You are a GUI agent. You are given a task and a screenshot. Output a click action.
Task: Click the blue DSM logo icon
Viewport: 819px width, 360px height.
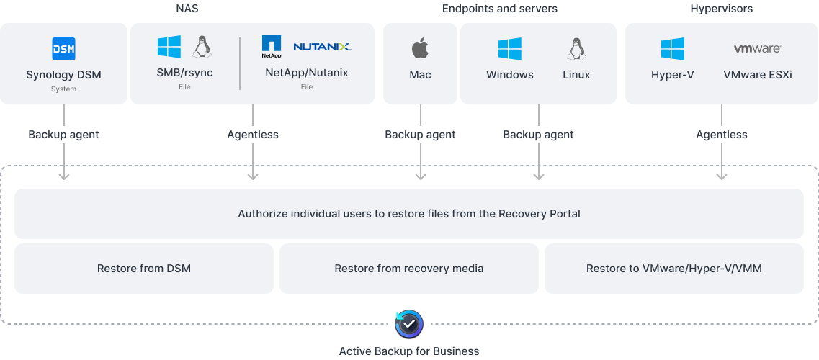(x=63, y=49)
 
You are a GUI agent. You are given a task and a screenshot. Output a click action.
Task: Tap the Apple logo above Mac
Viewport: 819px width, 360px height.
(x=420, y=49)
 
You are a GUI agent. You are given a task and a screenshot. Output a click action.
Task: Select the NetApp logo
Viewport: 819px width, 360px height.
(x=272, y=47)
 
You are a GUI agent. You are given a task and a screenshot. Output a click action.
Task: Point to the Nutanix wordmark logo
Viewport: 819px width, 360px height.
(x=322, y=47)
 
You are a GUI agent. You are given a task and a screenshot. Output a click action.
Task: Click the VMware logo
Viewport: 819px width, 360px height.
(x=757, y=49)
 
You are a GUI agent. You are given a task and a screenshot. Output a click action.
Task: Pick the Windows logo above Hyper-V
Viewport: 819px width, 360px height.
(x=672, y=49)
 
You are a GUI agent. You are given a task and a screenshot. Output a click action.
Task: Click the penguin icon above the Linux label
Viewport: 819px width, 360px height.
(x=576, y=49)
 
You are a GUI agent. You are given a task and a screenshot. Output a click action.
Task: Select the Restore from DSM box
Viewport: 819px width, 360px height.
(x=144, y=269)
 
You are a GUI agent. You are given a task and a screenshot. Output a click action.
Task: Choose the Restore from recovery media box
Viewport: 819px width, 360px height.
(x=409, y=269)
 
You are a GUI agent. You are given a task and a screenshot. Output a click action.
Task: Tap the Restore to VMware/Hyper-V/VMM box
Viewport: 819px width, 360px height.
(x=674, y=269)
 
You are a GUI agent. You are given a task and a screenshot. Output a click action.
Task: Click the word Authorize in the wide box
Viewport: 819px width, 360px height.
(x=261, y=213)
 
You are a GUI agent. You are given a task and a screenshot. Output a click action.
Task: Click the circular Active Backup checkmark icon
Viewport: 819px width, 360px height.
(x=409, y=324)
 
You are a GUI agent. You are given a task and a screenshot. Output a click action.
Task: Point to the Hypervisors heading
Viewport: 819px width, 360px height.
(x=721, y=9)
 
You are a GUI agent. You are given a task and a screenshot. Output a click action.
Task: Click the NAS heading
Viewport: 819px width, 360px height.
(x=187, y=9)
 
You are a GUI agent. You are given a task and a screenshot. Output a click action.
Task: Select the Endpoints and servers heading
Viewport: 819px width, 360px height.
(x=500, y=9)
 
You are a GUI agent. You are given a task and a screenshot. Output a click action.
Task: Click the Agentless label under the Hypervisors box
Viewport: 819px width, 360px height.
(x=721, y=135)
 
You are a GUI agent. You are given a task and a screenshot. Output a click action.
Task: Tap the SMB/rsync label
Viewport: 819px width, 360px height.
(x=184, y=73)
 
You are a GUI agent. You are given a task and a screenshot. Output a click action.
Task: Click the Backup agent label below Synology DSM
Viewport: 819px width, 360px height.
(x=64, y=135)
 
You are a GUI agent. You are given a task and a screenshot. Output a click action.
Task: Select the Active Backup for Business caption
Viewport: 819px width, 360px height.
(x=409, y=351)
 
